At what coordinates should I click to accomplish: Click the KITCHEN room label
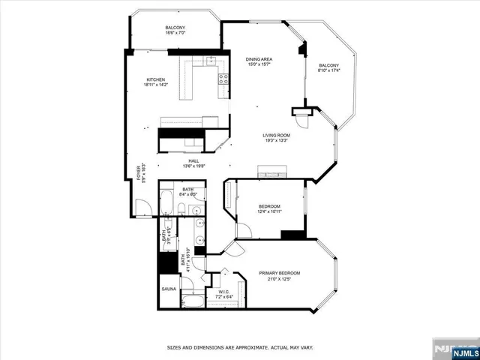coord(155,79)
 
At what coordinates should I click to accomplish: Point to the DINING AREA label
coord(259,59)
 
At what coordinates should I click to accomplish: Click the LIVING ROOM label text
coord(276,135)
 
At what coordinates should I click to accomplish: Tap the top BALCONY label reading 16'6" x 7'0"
coord(175,28)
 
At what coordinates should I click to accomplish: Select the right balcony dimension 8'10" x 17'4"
coord(328,70)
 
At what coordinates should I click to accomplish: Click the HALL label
coord(193,161)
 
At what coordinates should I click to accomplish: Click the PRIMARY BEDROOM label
coord(279,273)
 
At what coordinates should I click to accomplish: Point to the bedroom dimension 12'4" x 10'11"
coord(269,211)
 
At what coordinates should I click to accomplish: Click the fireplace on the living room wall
coord(268,171)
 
